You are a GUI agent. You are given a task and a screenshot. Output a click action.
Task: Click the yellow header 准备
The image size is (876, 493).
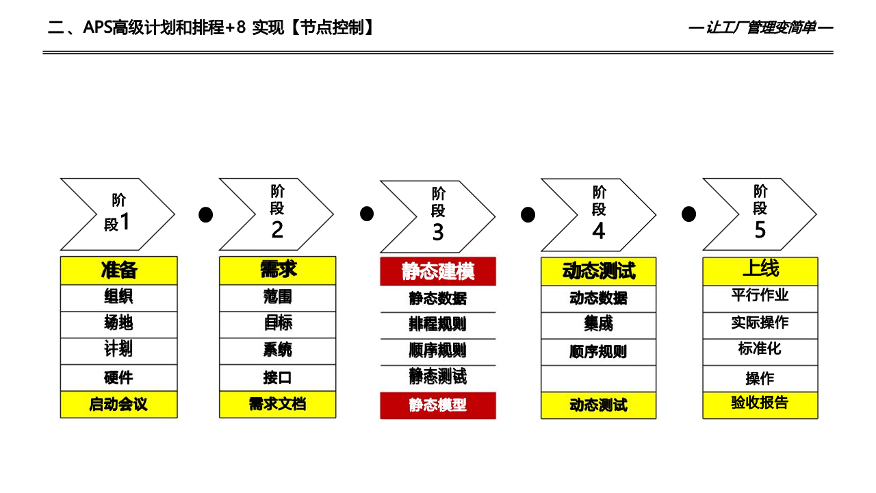click(x=119, y=270)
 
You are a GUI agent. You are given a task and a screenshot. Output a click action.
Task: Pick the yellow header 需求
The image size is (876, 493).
click(x=278, y=270)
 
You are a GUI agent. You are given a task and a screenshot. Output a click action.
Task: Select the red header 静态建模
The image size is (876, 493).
click(x=438, y=272)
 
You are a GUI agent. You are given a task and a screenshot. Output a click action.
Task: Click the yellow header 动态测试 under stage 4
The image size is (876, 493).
click(x=599, y=271)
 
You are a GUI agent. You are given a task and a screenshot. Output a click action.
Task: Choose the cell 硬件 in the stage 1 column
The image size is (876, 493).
click(x=119, y=378)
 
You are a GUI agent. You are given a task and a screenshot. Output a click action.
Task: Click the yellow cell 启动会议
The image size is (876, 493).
click(x=119, y=405)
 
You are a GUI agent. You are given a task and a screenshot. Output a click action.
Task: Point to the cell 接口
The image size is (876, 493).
click(x=278, y=378)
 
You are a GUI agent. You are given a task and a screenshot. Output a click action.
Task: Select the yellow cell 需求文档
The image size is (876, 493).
click(x=278, y=405)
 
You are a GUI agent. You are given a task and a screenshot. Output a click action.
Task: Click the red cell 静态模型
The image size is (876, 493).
click(x=438, y=405)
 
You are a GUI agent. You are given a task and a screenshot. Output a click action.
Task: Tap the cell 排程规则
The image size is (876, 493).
click(x=438, y=325)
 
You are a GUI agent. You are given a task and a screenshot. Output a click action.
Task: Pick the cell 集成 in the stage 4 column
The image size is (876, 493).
click(x=599, y=325)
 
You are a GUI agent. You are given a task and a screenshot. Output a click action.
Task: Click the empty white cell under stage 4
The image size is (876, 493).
click(x=599, y=379)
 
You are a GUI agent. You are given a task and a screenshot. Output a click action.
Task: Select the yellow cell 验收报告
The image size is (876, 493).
click(x=760, y=404)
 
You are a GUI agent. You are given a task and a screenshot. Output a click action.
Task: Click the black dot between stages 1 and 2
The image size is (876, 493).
click(x=205, y=215)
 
